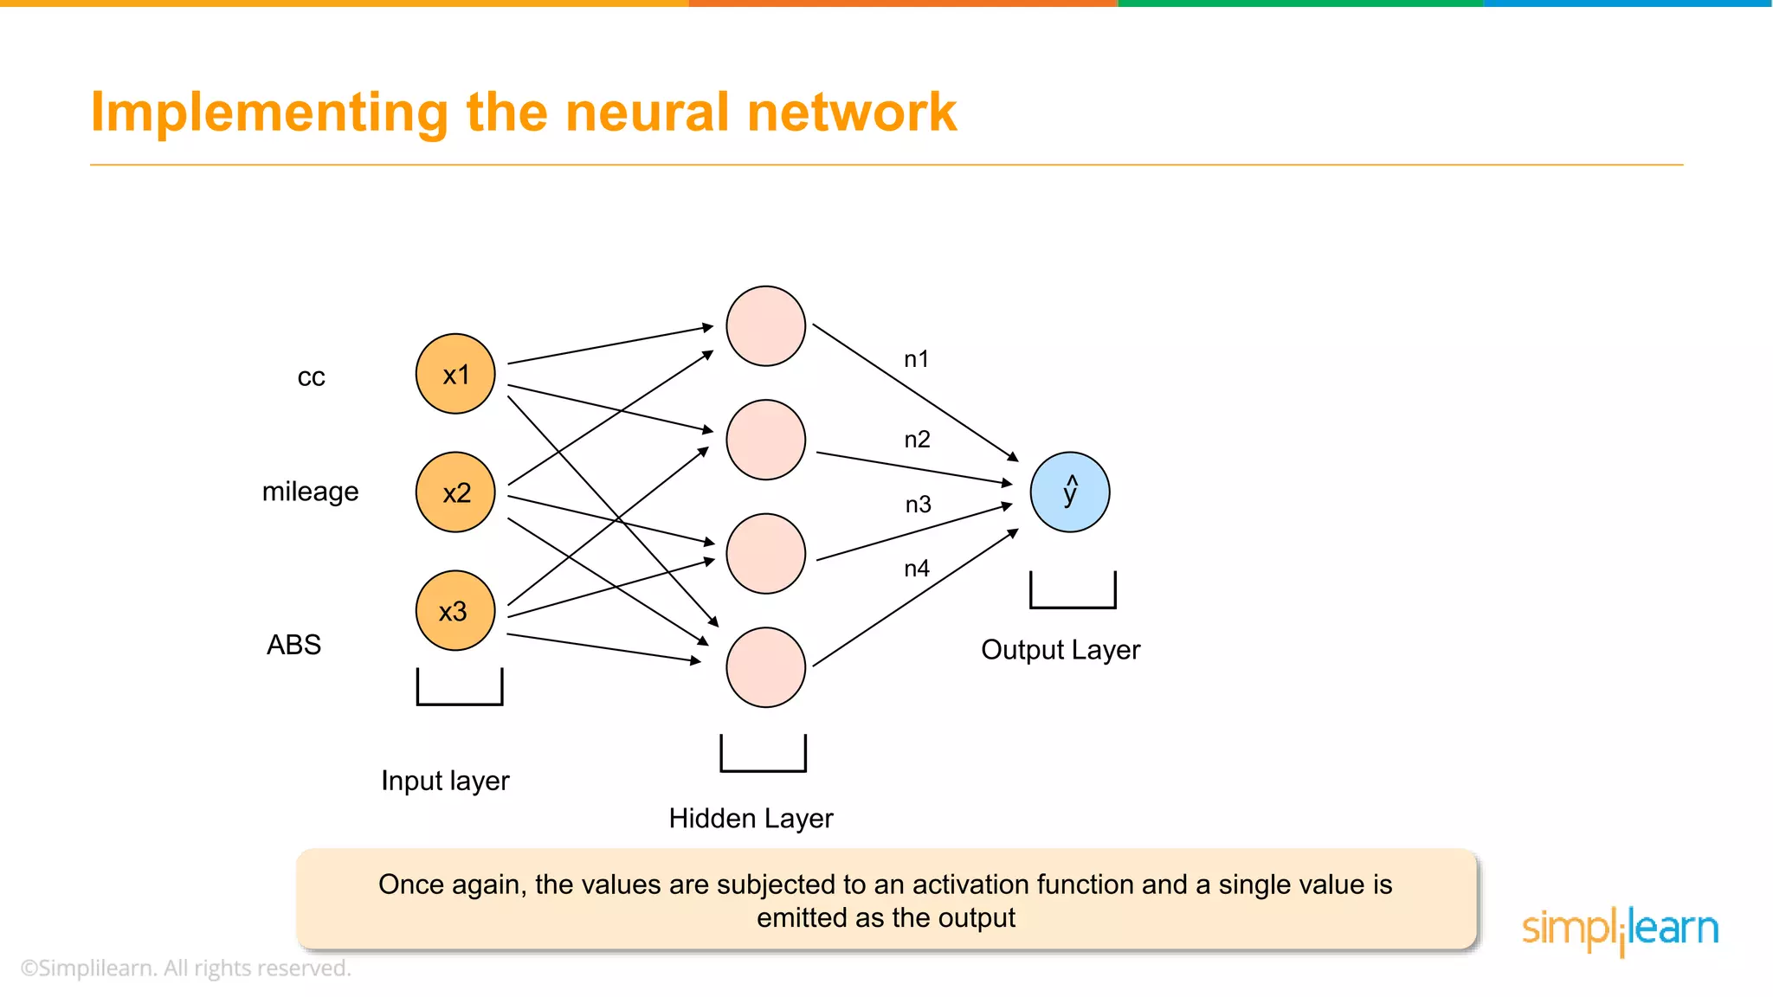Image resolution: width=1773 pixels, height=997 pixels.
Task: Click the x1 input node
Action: (455, 374)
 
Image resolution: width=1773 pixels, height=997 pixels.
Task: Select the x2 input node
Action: (455, 492)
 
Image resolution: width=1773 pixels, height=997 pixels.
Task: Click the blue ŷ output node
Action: (1070, 492)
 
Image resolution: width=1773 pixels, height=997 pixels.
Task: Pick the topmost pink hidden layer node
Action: (766, 326)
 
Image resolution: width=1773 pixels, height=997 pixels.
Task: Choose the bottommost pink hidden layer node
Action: (766, 667)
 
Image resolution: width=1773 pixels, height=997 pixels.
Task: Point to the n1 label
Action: (916, 359)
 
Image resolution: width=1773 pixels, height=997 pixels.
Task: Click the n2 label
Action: (917, 440)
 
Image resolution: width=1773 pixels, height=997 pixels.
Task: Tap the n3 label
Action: (918, 505)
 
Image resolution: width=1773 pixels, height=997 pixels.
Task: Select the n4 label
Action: (916, 569)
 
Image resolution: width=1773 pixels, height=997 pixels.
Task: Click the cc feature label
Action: (311, 377)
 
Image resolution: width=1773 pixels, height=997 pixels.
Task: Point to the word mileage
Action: (310, 492)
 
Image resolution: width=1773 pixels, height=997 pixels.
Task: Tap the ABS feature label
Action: (293, 645)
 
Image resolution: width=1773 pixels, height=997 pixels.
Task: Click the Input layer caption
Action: (445, 781)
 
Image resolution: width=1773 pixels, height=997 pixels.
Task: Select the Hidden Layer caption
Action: (751, 818)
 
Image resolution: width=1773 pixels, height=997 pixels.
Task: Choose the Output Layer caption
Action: (1061, 649)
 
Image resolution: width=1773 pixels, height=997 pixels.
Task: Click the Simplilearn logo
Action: (1620, 929)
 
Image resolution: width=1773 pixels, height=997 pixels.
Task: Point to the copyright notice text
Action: (186, 968)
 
